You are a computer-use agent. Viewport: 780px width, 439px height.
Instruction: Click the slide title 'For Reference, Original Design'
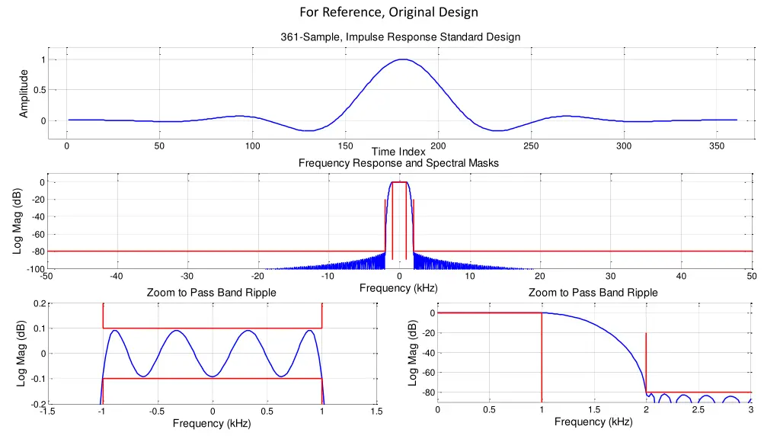[x=389, y=12]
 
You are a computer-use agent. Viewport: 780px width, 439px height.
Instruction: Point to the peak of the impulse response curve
[x=403, y=59]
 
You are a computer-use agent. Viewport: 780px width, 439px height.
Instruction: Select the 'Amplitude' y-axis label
[x=24, y=94]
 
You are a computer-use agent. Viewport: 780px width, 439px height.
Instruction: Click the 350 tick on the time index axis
[x=717, y=146]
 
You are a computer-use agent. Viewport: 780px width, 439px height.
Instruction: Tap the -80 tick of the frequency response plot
[x=33, y=252]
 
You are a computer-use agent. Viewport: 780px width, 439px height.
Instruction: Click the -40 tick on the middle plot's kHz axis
[x=117, y=277]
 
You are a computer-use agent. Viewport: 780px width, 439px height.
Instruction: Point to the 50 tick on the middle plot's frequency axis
[x=751, y=277]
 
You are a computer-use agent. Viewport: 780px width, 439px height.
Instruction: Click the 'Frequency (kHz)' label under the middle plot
[x=398, y=288]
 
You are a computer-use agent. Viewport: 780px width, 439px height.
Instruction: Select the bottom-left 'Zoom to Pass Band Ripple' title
[x=212, y=293]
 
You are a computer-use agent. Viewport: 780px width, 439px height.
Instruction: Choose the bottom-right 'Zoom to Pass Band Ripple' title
[x=593, y=293]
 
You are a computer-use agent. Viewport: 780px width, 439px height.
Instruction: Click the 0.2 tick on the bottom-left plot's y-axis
[x=38, y=304]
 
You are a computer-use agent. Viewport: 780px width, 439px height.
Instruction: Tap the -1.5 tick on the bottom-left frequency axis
[x=46, y=412]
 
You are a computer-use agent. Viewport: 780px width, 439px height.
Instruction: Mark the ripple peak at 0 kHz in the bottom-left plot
[x=213, y=376]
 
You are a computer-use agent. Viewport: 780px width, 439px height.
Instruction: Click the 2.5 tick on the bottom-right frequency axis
[x=698, y=410]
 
